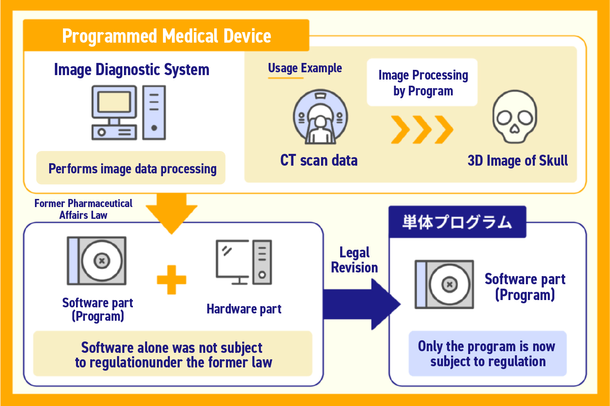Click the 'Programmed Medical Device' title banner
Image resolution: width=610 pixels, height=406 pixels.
tap(166, 36)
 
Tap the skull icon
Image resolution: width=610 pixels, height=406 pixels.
tap(514, 117)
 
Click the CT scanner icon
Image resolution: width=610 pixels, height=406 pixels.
tap(320, 117)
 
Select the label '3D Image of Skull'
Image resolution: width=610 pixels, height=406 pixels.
tap(517, 161)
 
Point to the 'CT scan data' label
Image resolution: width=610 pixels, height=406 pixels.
tap(319, 160)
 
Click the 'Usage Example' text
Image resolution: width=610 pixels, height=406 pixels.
tap(305, 68)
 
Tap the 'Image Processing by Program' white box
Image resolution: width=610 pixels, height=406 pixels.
tap(422, 82)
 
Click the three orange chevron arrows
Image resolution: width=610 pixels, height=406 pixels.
tap(422, 130)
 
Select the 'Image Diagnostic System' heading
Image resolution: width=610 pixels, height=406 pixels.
tap(132, 70)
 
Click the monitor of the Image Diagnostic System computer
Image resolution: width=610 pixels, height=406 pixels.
tap(114, 102)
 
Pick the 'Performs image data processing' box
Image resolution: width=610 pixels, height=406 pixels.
tap(131, 168)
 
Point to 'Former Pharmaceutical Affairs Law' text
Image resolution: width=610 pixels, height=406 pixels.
tap(83, 209)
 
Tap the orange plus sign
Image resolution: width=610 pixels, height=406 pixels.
tap(171, 280)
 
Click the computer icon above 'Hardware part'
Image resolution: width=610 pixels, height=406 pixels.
tap(243, 262)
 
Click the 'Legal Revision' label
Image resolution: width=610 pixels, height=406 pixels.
tap(354, 260)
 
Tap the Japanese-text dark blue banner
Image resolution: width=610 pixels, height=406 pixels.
tap(457, 222)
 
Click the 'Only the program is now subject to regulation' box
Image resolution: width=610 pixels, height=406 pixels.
tap(487, 354)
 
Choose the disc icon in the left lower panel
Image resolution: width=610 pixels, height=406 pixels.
tap(97, 261)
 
